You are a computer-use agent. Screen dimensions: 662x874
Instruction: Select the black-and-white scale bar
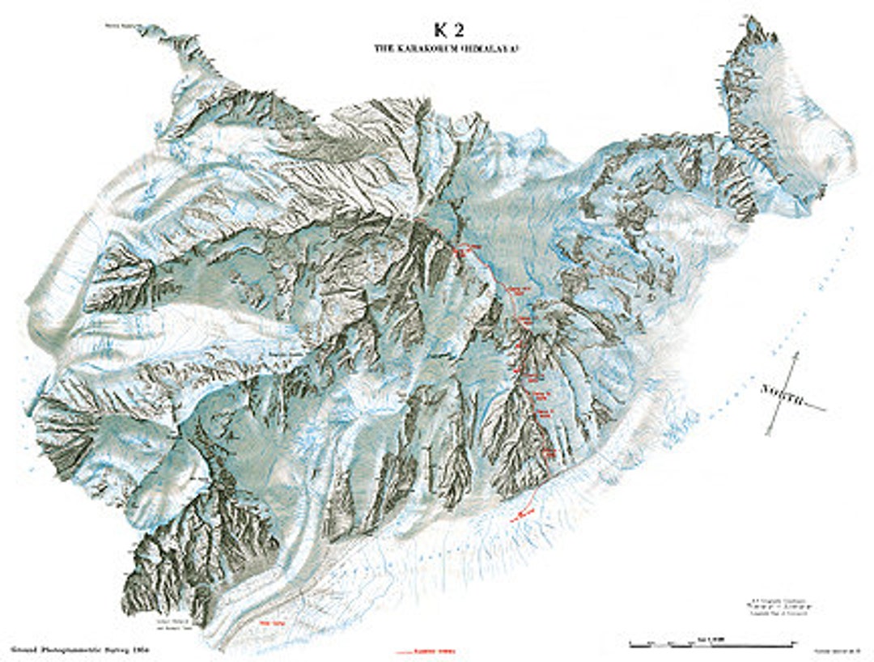coord(711,646)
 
